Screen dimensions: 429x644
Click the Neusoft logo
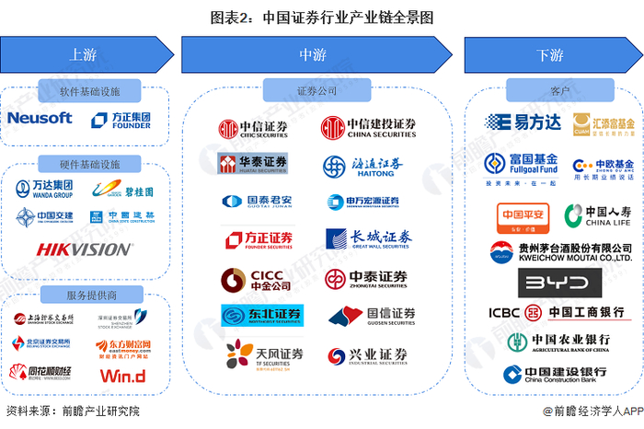click(40, 118)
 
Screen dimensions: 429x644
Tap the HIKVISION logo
click(83, 249)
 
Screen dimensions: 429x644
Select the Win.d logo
click(122, 376)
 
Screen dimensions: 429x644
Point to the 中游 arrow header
click(313, 54)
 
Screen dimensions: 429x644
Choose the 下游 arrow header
click(550, 54)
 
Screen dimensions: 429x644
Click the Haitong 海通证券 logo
click(363, 166)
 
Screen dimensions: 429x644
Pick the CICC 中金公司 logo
click(255, 279)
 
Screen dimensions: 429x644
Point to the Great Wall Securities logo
click(369, 239)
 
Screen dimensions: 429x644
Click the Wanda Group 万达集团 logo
click(46, 191)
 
